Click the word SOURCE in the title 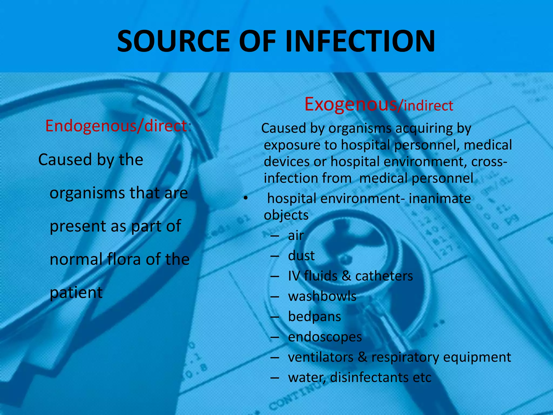pyautogui.click(x=173, y=41)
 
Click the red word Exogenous pyautogui.click(x=350, y=105)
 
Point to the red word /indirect pyautogui.click(x=426, y=106)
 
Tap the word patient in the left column pyautogui.click(x=76, y=293)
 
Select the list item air pyautogui.click(x=296, y=235)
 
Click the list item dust pyautogui.click(x=301, y=256)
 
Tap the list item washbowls pyautogui.click(x=322, y=296)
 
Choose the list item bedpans pyautogui.click(x=314, y=317)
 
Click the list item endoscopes pyautogui.click(x=325, y=337)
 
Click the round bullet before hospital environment pyautogui.click(x=245, y=199)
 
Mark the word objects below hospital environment pyautogui.click(x=286, y=216)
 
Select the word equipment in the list pyautogui.click(x=477, y=357)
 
